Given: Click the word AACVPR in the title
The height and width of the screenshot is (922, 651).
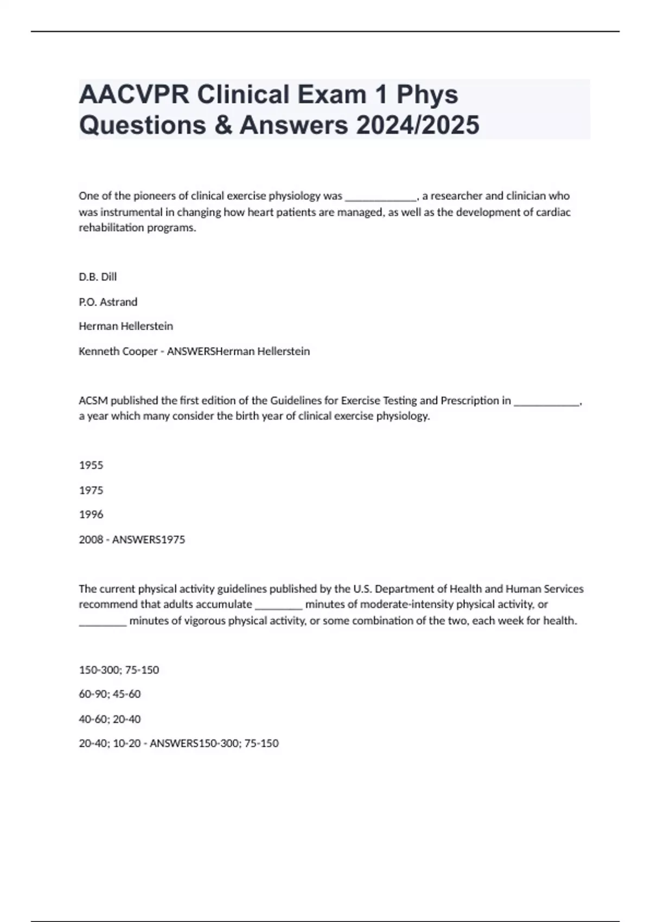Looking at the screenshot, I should click(134, 95).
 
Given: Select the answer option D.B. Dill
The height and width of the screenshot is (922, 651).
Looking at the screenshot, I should click(98, 277).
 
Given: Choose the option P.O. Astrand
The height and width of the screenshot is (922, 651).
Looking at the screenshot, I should click(108, 302).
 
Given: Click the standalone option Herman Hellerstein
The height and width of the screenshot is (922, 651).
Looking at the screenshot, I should click(126, 326).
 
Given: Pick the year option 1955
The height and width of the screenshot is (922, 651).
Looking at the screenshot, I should click(91, 465).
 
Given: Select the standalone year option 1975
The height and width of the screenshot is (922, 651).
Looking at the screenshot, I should click(91, 490).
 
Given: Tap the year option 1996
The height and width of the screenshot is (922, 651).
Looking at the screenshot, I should click(91, 514).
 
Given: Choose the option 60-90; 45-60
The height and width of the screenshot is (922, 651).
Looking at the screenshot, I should click(110, 694).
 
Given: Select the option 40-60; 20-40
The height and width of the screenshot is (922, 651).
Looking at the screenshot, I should click(110, 719).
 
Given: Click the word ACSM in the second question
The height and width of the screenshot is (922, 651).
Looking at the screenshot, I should click(93, 400).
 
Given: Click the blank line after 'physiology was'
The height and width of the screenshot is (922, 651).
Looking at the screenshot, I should click(380, 197).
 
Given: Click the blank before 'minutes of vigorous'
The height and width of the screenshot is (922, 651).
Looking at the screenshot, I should click(103, 623).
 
